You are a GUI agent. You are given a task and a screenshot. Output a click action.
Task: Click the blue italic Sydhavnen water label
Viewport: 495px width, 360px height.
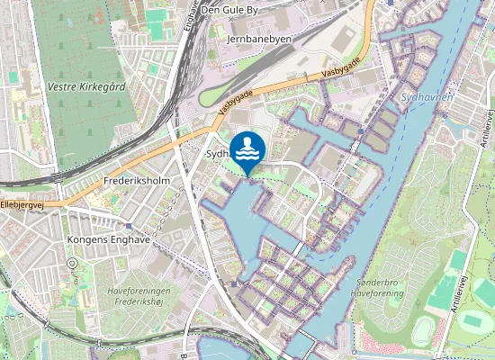point(428,94)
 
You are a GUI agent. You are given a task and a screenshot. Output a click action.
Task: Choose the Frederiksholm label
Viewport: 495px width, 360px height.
point(137,180)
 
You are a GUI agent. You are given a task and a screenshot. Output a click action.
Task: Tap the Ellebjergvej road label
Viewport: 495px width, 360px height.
point(22,205)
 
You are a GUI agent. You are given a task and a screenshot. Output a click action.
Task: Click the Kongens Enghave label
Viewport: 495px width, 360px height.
point(107,240)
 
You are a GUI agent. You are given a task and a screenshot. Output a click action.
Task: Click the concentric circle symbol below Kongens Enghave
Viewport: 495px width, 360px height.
point(71,264)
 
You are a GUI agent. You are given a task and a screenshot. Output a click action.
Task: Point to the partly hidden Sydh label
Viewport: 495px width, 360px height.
point(218,154)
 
